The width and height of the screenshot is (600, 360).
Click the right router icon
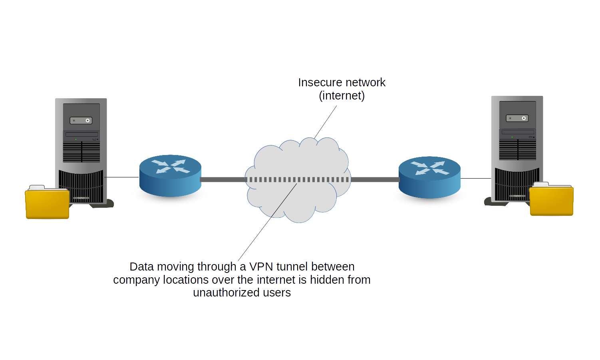(429, 177)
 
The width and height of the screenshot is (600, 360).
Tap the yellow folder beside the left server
(47, 204)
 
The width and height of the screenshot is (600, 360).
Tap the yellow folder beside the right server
(551, 201)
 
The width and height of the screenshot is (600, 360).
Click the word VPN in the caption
(261, 267)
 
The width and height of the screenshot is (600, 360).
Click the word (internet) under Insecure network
(342, 95)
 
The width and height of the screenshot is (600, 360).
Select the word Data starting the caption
(141, 267)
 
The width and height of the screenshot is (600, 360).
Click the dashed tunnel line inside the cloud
(298, 180)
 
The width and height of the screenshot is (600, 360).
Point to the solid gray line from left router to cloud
(223, 180)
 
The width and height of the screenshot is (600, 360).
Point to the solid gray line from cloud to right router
(374, 180)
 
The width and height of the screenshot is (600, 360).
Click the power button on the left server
(87, 120)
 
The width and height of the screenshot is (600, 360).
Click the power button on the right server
(524, 118)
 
